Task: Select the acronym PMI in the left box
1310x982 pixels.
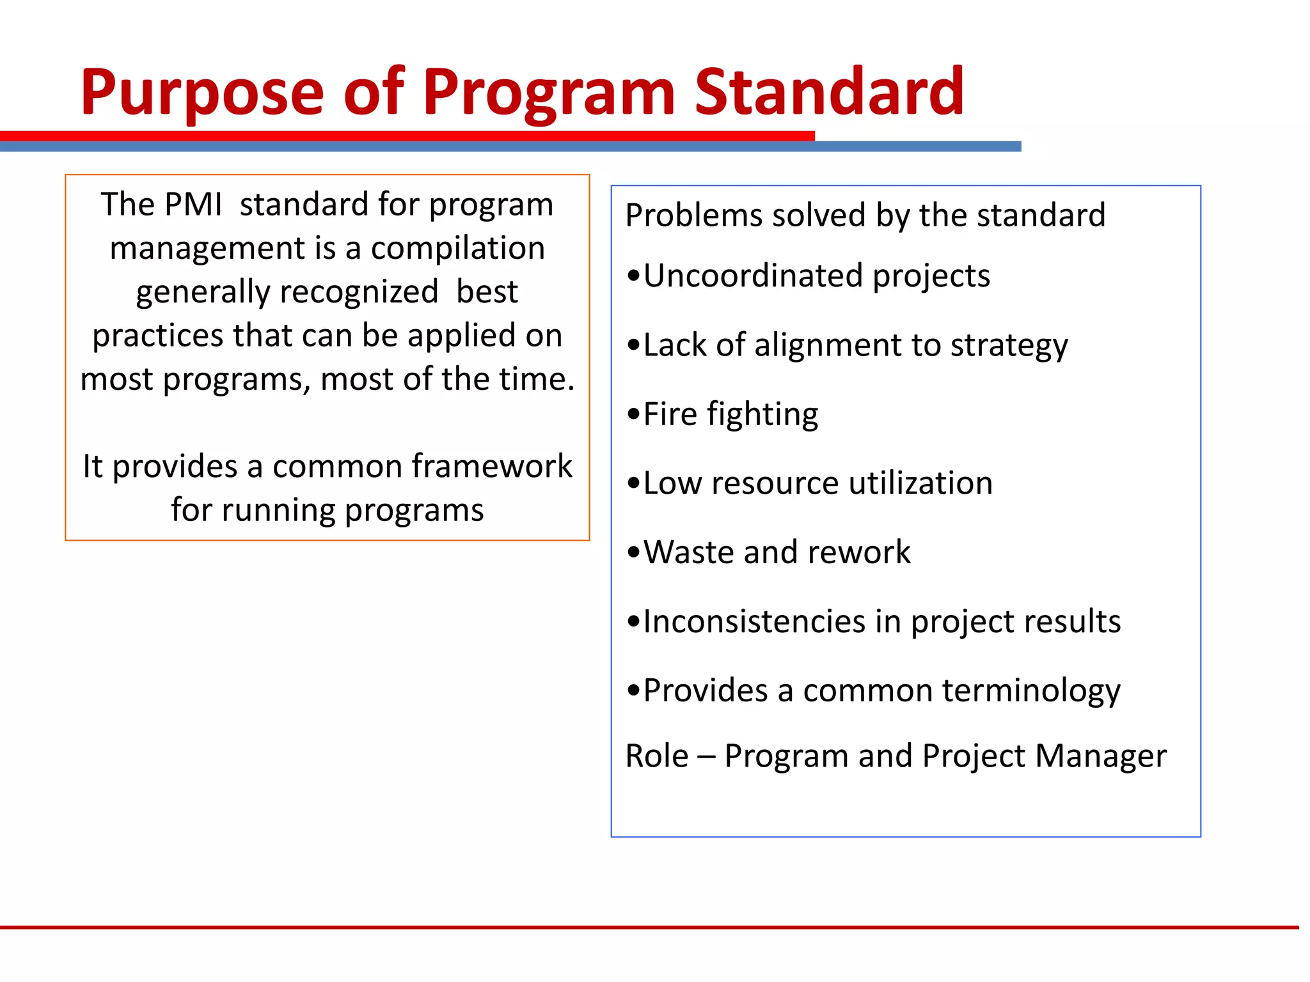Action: click(193, 205)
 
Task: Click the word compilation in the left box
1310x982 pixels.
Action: click(457, 248)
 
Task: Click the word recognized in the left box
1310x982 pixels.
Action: click(359, 292)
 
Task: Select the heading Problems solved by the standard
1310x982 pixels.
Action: click(865, 215)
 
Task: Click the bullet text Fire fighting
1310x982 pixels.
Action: click(730, 414)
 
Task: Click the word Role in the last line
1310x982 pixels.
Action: click(656, 756)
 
